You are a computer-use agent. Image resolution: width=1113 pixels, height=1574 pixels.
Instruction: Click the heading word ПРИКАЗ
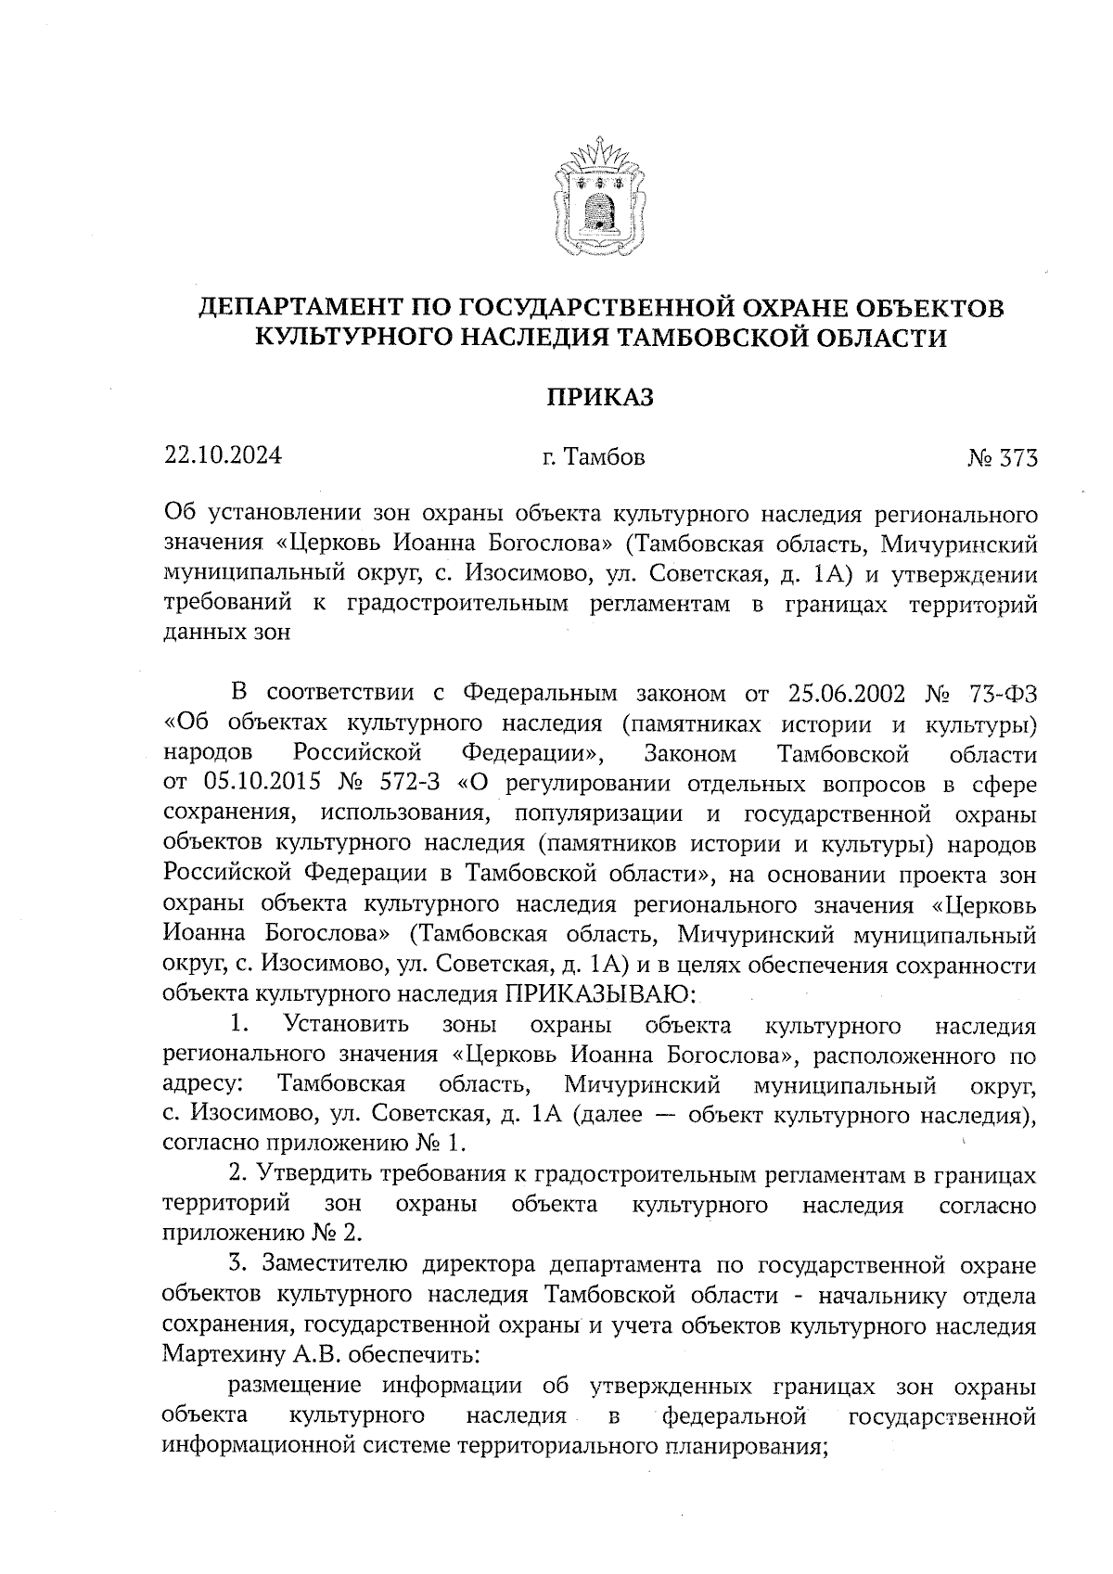click(598, 398)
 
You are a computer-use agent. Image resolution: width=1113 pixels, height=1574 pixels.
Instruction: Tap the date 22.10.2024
click(224, 456)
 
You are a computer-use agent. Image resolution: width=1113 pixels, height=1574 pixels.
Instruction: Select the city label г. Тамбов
click(593, 457)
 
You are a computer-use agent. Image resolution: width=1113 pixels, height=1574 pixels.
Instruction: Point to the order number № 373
click(1002, 458)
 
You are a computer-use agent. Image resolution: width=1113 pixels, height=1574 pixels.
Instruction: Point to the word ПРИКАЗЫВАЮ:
click(599, 994)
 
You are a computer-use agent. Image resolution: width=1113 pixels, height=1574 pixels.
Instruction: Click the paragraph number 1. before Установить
click(240, 1025)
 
